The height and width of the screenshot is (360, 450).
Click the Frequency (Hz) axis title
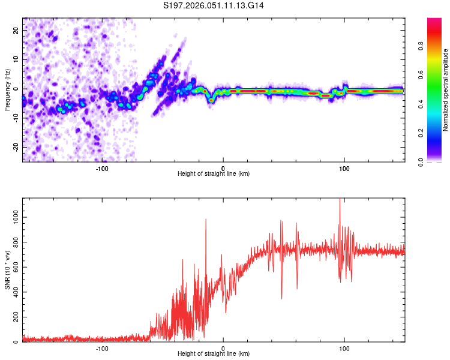[x=7, y=89]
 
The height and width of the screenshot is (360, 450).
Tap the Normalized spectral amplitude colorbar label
[x=446, y=90]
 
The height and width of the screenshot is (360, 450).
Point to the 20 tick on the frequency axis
[x=17, y=30]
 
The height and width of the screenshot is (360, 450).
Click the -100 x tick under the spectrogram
[x=102, y=167]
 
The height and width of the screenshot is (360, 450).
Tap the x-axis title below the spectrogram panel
[x=214, y=174]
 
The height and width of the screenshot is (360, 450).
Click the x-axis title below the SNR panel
[x=214, y=354]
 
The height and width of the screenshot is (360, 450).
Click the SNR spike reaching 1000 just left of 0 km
[x=206, y=220]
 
